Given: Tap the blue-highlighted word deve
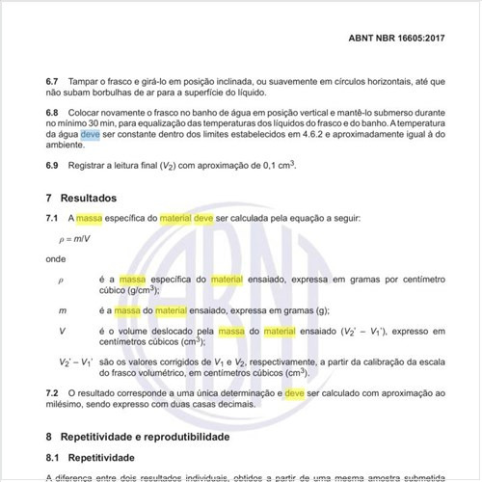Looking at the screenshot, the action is (x=90, y=136).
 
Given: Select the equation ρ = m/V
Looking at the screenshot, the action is (x=72, y=239).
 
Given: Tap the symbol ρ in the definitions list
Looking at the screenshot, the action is (x=61, y=279).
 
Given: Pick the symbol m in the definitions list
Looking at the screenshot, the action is (x=62, y=310).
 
